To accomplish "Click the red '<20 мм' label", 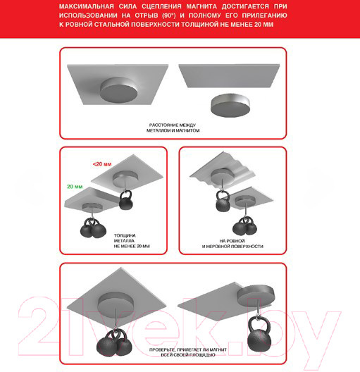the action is pyautogui.click(x=102, y=164).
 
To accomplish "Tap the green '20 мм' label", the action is pyautogui.click(x=75, y=187).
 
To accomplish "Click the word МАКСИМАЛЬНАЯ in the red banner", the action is pyautogui.click(x=87, y=6).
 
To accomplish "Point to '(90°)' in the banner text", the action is pyautogui.click(x=169, y=15).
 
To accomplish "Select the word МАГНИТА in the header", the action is pyautogui.click(x=201, y=6).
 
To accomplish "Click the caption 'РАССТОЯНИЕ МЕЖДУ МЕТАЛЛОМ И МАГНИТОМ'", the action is pyautogui.click(x=173, y=128).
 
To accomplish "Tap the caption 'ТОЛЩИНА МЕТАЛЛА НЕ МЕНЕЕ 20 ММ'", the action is pyautogui.click(x=132, y=241).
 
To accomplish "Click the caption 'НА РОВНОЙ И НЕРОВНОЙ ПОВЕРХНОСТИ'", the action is pyautogui.click(x=232, y=244).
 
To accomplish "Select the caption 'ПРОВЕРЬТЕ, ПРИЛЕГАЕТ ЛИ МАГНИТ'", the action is pyautogui.click(x=188, y=349).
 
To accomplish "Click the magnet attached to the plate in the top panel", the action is pyautogui.click(x=118, y=90).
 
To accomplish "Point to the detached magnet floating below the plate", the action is pyautogui.click(x=230, y=105).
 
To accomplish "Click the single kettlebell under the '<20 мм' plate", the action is pyautogui.click(x=125, y=200).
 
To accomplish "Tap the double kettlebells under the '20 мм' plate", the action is pyautogui.click(x=93, y=228).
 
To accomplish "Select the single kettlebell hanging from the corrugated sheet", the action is pyautogui.click(x=223, y=201).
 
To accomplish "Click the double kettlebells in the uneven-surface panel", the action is pyautogui.click(x=244, y=226).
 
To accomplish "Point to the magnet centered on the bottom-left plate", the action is pyautogui.click(x=116, y=304).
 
